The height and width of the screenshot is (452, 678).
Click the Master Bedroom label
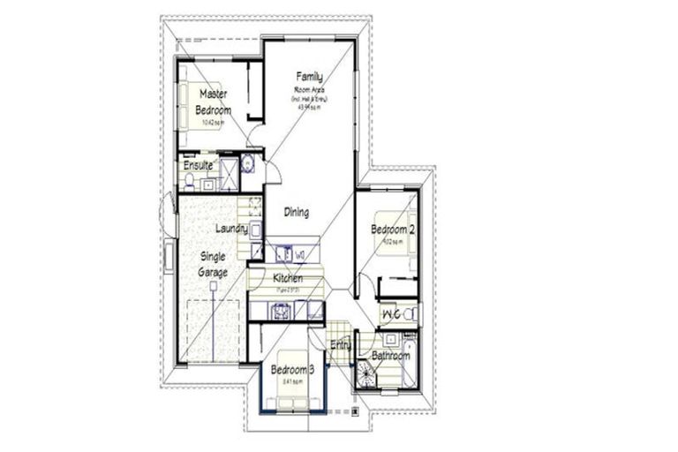(214, 102)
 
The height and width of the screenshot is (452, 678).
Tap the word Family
(309, 78)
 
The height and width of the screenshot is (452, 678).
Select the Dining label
(297, 212)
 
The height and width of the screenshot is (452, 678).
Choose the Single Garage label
(213, 264)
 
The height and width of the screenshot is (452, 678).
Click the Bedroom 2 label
(394, 229)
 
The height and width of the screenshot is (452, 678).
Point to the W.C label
(391, 313)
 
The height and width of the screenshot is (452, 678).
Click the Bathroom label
(390, 356)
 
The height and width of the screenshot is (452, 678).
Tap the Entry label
(341, 345)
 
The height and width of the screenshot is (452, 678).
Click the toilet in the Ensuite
(189, 183)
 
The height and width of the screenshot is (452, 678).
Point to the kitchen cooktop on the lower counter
(282, 310)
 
